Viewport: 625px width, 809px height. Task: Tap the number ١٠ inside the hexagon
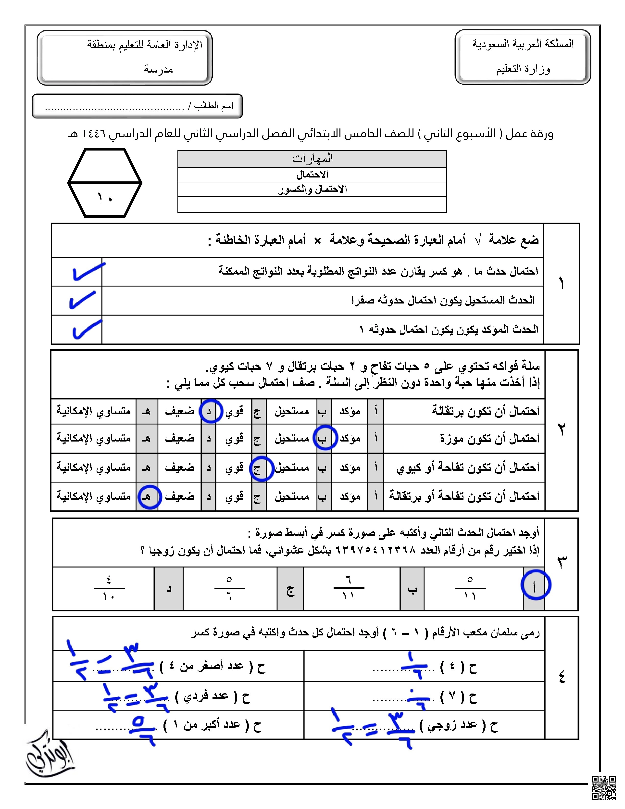click(x=105, y=198)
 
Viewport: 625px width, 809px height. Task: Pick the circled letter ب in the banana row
click(x=325, y=438)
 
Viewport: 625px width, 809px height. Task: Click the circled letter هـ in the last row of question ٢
click(x=149, y=497)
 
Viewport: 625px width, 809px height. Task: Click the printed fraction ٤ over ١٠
click(x=109, y=588)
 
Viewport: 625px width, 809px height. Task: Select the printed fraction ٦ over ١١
click(x=349, y=588)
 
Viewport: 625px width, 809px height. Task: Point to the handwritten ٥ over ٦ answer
click(x=143, y=730)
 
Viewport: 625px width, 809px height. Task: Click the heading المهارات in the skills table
click(x=312, y=159)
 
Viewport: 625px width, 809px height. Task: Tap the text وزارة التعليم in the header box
click(x=523, y=69)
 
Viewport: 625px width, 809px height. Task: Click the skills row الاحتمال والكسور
click(x=312, y=189)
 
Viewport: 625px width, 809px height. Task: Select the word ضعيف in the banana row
click(x=180, y=439)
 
